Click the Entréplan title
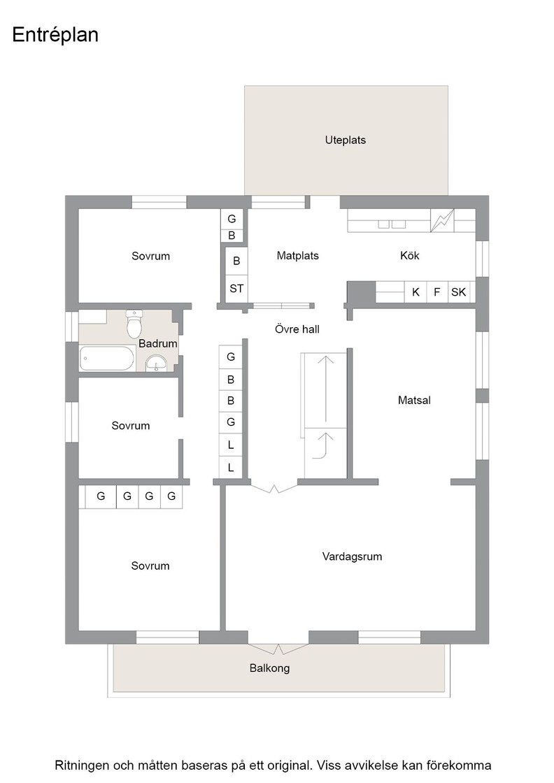55,35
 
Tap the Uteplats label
345,141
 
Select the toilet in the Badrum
134,324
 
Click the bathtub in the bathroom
107,359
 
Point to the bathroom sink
157,364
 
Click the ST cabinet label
236,289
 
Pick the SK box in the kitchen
459,292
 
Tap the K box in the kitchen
415,292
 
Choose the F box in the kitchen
437,292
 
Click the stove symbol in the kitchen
443,220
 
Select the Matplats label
298,256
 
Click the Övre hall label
297,329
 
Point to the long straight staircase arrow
326,389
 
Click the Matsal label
414,400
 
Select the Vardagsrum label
352,556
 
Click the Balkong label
270,668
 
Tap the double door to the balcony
278,648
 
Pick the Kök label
410,256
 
